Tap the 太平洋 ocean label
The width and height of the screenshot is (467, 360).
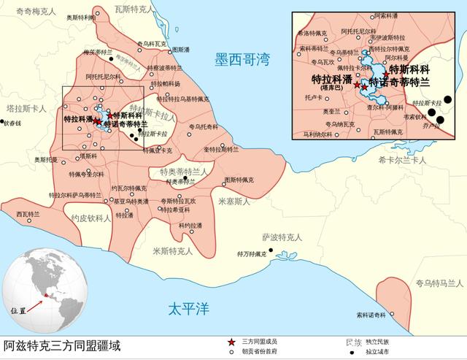coord(188,307)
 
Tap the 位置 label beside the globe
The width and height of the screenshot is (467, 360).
coord(18,310)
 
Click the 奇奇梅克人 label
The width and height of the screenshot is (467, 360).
coord(27,12)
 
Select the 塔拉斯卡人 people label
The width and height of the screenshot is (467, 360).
coord(23,108)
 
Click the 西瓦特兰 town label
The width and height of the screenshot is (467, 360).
coord(28,214)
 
